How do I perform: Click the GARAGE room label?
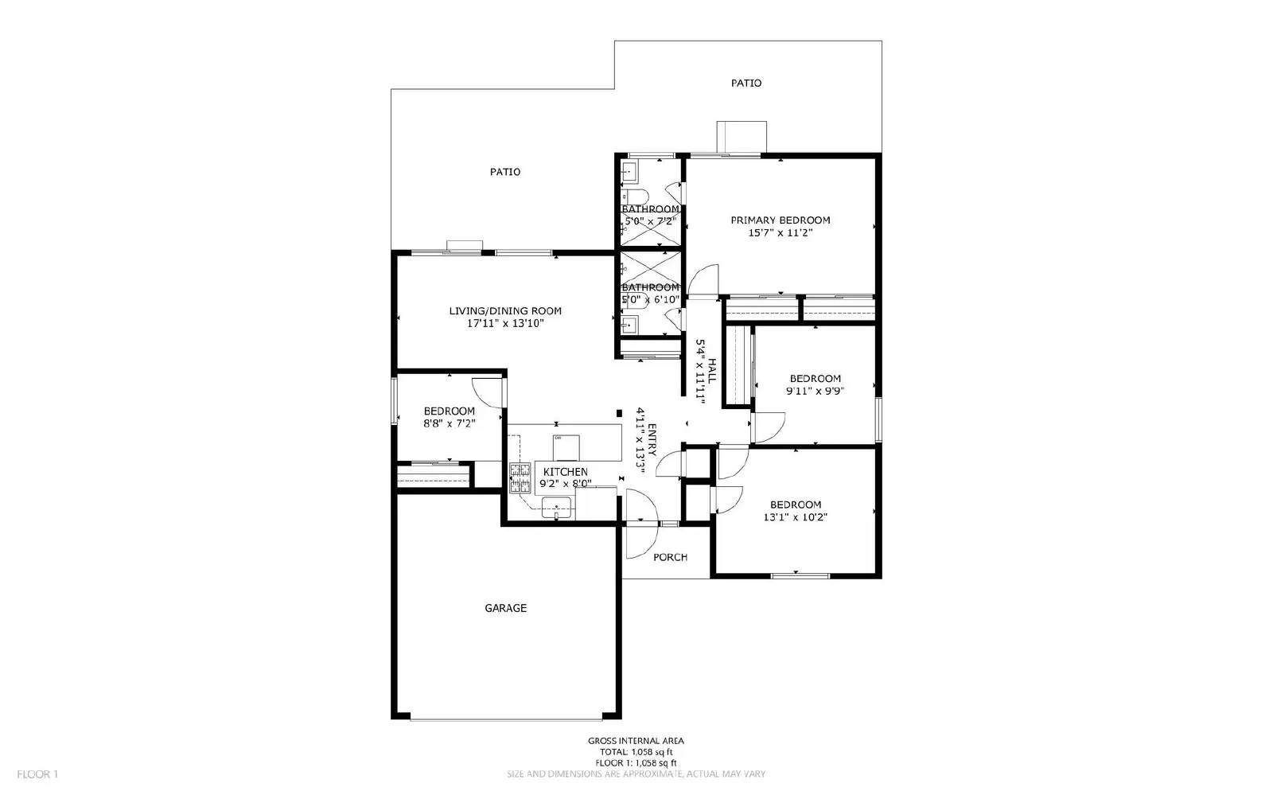tap(505, 608)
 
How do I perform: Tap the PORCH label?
tap(670, 557)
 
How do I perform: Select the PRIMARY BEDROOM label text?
tap(780, 220)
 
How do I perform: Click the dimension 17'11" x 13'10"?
tap(505, 324)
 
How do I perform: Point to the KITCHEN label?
tap(565, 472)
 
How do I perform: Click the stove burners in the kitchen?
tap(520, 479)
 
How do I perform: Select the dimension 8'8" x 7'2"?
tap(449, 424)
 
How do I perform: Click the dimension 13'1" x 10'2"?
tap(796, 517)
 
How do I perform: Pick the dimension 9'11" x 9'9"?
tap(815, 391)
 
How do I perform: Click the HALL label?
tap(712, 371)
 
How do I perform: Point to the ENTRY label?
tap(652, 439)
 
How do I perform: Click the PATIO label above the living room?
tap(505, 172)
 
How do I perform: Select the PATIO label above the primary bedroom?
tap(746, 83)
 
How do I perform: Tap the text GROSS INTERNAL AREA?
tap(635, 741)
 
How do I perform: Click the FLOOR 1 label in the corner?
tap(37, 774)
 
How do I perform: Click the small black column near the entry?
tap(619, 412)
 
